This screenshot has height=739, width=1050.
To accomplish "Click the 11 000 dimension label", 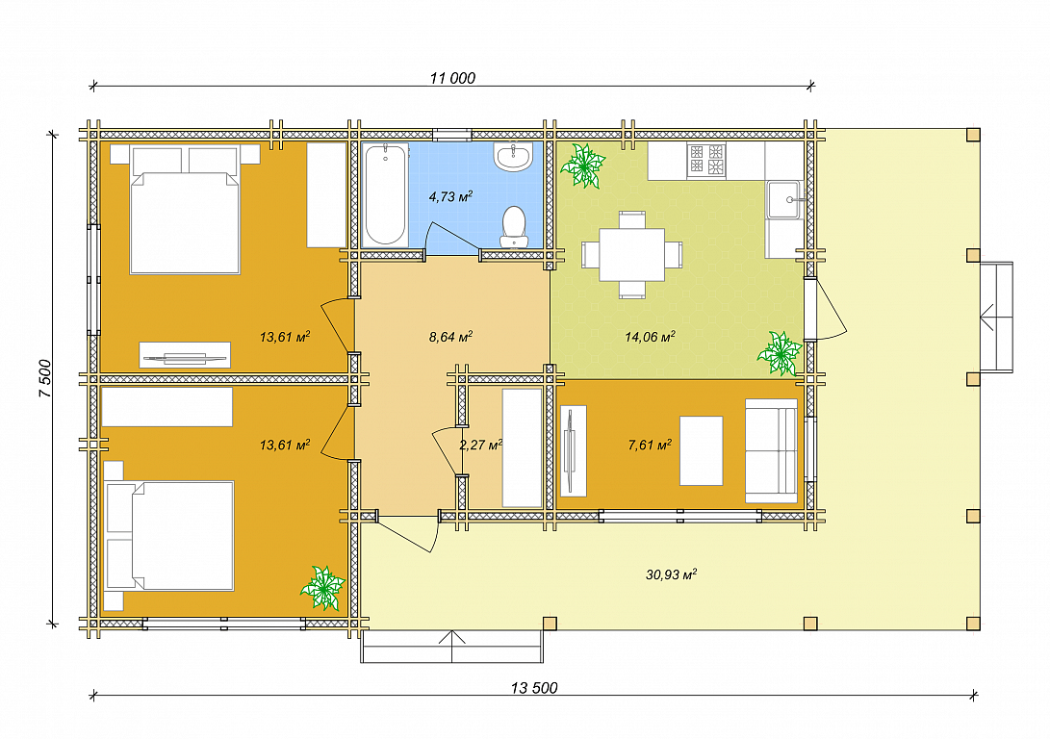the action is point(452,78).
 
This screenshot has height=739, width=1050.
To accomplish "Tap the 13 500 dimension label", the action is point(534,688).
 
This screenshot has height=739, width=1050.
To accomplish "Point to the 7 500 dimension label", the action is point(45,379).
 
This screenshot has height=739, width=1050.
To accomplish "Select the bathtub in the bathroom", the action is point(386,194).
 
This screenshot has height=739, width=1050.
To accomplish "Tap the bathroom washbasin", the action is point(513,157).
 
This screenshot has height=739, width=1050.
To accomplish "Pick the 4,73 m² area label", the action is point(450,197).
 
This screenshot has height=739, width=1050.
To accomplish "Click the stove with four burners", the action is point(706,162).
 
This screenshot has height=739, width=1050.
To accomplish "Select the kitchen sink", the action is point(783,199).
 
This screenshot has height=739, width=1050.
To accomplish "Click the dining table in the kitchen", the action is point(631,255).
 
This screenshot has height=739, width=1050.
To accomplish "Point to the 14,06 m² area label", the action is point(650,337).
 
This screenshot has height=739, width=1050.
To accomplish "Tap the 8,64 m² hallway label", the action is point(450,337).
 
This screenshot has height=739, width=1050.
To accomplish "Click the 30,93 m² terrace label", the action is point(671,574).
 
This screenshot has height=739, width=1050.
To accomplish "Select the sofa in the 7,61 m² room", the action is point(772,450).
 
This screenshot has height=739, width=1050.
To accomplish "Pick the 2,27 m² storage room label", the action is point(481,445).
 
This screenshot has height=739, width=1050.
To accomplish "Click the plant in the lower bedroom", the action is point(322,588).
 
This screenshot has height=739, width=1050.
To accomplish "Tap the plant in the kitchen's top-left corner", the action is point(582,166).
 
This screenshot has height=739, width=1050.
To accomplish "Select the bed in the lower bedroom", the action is point(168,536).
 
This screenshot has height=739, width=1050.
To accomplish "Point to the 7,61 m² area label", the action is point(650,445).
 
